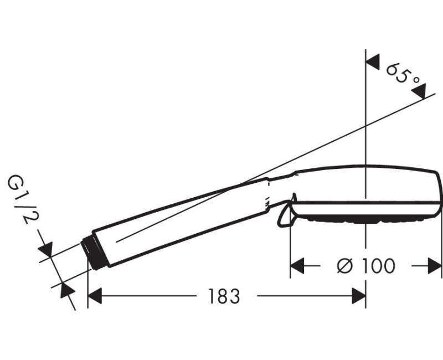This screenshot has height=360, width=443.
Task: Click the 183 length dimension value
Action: coord(224,296)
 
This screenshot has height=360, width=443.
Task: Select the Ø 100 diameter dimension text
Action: coord(366,266)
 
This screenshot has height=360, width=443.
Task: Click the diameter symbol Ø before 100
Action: coord(345,266)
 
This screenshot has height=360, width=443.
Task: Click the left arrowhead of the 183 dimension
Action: coord(95,296)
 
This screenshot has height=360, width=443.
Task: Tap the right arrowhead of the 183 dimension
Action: coord(359,296)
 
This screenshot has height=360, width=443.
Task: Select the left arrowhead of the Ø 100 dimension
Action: coord(297,266)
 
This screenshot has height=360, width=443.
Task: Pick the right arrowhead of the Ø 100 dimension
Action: coord(435,266)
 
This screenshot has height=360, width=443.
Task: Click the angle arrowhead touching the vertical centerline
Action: coord(373,62)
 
